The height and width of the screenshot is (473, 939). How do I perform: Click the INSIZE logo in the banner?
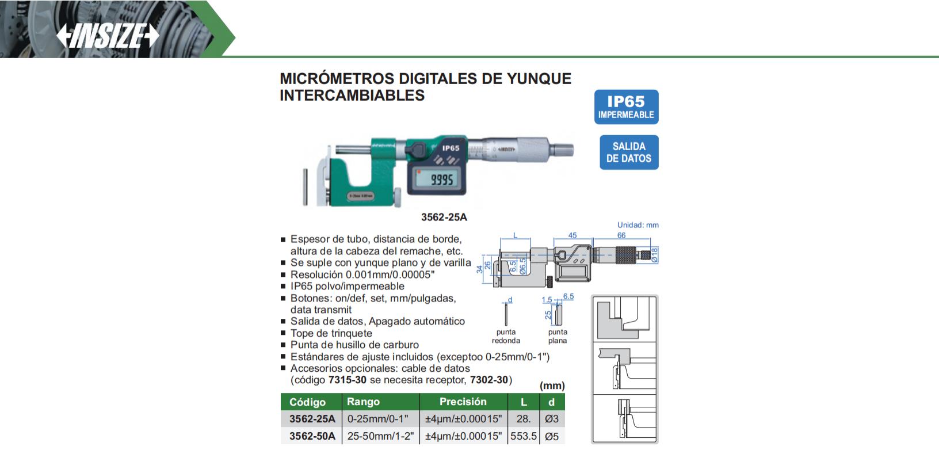108,36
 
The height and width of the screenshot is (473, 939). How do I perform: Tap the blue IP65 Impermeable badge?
626,107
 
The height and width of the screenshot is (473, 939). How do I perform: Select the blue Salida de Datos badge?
629,152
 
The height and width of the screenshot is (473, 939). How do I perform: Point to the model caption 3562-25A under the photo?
444,217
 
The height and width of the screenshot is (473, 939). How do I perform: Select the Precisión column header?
463,402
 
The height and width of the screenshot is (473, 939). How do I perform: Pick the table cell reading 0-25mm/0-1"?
377,419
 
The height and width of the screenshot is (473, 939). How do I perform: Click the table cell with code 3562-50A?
312,436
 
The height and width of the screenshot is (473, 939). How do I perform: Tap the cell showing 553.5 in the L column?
523,436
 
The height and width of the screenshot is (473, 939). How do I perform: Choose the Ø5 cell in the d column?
552,437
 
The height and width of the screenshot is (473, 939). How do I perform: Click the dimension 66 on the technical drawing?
621,235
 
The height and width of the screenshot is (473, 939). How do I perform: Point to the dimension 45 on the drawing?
572,235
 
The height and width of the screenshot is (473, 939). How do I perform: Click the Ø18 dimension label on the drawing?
654,255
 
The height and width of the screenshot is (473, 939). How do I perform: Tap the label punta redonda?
506,336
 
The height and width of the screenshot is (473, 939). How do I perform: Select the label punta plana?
558,336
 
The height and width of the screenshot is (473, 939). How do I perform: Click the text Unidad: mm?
638,225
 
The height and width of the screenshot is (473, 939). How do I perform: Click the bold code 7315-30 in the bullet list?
347,380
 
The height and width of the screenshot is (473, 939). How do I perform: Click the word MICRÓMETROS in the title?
337,79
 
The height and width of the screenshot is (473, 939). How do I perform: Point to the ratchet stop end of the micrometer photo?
562,150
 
